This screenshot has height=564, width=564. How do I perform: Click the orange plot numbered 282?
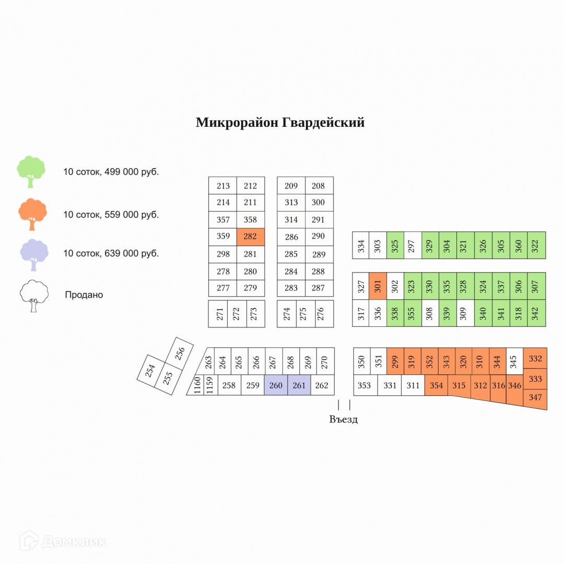point(250,237)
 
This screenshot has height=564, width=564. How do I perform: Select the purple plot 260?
point(276,385)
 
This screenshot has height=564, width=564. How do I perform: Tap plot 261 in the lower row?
point(299,385)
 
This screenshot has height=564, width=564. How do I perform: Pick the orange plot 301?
point(378,286)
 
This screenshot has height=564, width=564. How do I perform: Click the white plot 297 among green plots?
point(413,245)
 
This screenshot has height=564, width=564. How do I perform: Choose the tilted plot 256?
point(180,354)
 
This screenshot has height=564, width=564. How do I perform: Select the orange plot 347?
point(535,398)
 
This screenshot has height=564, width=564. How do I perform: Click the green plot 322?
point(536,245)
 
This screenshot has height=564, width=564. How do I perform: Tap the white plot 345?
point(514,361)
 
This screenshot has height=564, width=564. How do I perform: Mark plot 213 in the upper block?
point(223,186)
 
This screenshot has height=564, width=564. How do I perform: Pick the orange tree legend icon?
point(32,214)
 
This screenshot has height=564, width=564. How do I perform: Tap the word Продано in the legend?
point(84,295)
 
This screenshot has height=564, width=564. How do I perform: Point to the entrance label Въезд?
point(344,419)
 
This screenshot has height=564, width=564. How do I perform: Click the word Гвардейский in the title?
point(323,123)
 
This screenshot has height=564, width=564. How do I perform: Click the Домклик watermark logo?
point(63,542)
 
